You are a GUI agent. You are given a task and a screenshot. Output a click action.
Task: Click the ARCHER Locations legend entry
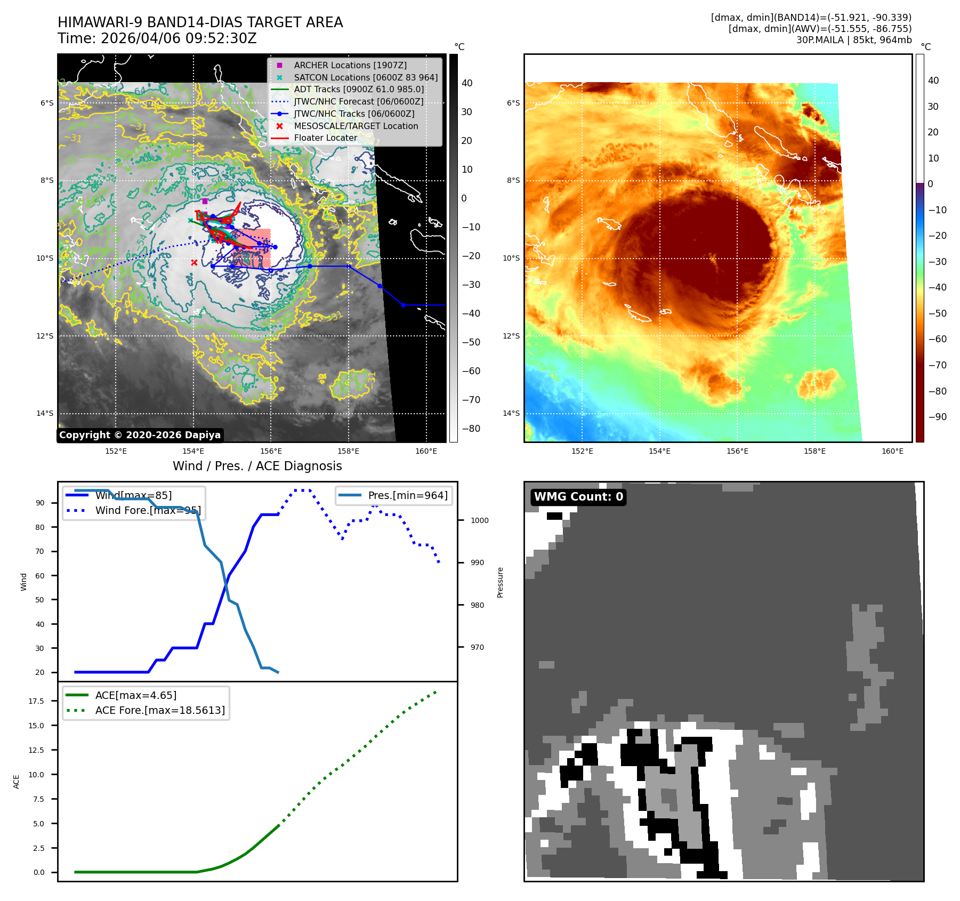tap(350, 65)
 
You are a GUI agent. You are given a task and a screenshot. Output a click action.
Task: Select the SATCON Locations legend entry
tap(365, 77)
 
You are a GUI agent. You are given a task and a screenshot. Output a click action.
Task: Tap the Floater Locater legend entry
tap(325, 138)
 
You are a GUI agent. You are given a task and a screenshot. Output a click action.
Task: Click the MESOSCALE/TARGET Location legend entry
tap(356, 126)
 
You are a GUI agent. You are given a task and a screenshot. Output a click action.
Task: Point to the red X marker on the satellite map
tap(194, 262)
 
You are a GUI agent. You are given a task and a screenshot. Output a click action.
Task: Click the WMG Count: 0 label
tap(578, 497)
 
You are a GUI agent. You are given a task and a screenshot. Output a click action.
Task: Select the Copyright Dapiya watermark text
tap(140, 435)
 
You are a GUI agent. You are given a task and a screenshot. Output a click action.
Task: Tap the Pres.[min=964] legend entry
tap(407, 495)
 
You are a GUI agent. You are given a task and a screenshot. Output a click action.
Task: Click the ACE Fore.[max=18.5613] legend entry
tap(160, 710)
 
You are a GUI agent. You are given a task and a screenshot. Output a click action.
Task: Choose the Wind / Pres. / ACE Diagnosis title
tap(257, 466)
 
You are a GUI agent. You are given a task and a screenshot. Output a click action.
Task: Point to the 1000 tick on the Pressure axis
tap(479, 520)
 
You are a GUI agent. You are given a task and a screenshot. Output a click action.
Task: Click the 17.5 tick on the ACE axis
tap(36, 701)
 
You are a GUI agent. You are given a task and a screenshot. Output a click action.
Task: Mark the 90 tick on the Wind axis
tap(40, 503)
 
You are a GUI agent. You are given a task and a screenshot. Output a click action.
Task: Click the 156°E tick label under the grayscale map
tap(271, 451)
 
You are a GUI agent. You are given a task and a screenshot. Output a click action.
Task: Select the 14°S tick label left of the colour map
tap(511, 413)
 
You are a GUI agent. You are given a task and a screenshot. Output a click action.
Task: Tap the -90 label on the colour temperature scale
tap(937, 417)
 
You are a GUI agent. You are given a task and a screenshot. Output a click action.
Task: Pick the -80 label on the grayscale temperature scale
tap(471, 429)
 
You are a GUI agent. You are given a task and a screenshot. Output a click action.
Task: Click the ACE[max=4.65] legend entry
tap(135, 695)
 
